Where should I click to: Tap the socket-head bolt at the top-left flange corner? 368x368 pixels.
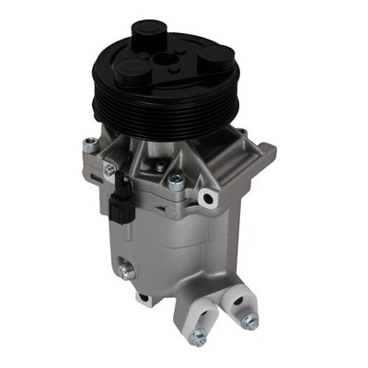click(x=88, y=144)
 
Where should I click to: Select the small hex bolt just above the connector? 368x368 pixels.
click(x=109, y=169)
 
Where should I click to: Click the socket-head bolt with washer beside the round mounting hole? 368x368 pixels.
click(x=175, y=183)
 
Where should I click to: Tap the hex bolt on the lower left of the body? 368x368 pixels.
click(x=126, y=271)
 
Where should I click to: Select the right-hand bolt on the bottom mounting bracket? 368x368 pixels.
click(x=248, y=321)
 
